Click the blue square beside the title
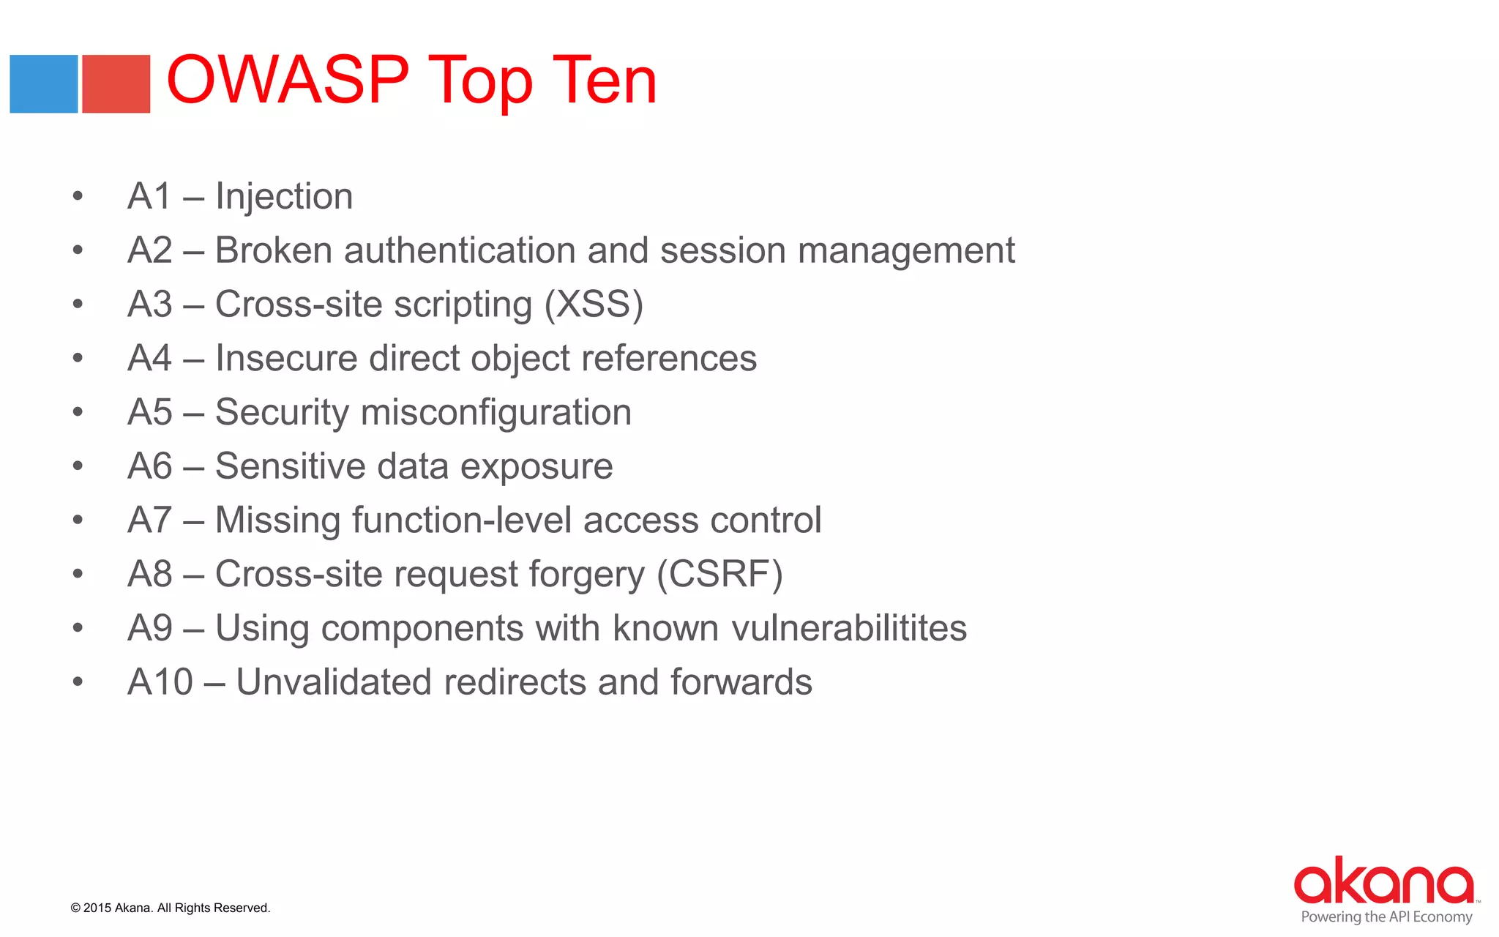[x=44, y=84]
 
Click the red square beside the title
[x=116, y=84]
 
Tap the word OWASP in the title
[x=288, y=80]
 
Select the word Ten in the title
[x=605, y=80]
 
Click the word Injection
[x=284, y=197]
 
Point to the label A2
[x=150, y=250]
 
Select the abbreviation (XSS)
[x=594, y=305]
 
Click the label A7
[x=150, y=520]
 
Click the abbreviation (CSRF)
[x=719, y=575]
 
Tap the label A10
[x=160, y=682]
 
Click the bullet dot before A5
[x=78, y=412]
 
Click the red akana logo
[x=1383, y=881]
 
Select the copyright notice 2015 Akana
[x=171, y=908]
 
